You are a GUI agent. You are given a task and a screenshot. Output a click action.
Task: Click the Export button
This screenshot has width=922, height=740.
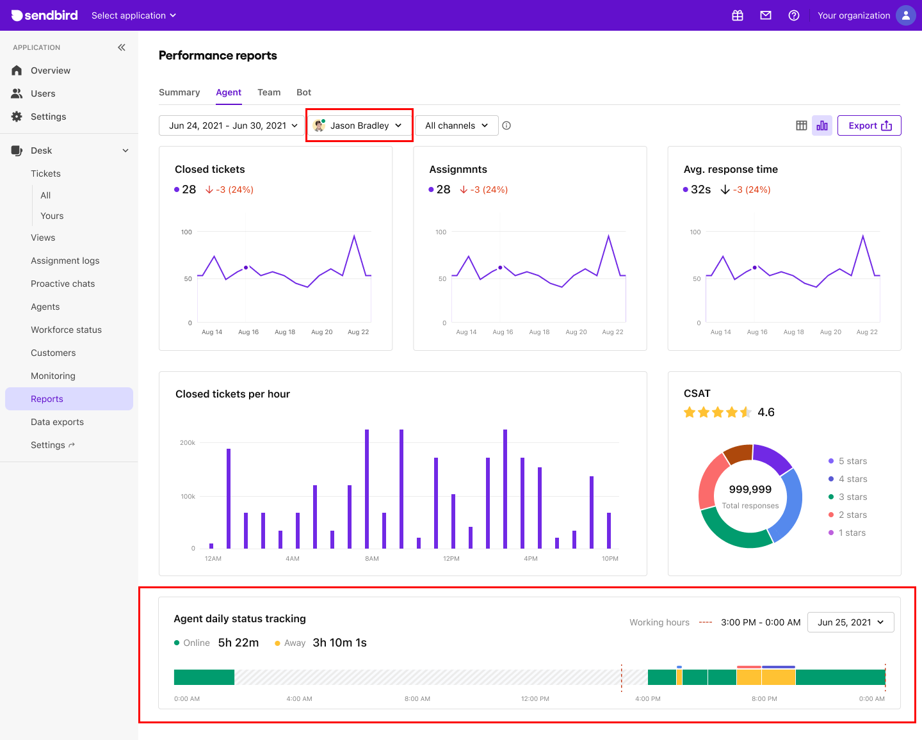click(x=869, y=125)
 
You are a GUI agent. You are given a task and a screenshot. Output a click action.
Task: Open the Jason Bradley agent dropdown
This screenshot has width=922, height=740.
click(x=359, y=125)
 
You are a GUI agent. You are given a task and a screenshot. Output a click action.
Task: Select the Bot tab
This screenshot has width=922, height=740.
click(x=303, y=92)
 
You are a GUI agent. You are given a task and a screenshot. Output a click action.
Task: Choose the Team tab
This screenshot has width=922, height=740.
click(x=269, y=92)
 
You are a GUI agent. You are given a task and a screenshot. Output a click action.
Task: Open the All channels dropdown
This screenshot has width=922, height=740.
click(x=457, y=125)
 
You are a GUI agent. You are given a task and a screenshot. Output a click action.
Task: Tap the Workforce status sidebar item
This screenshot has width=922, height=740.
click(x=66, y=330)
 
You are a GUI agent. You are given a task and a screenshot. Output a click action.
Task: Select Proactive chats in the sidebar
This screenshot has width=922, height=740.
click(x=63, y=284)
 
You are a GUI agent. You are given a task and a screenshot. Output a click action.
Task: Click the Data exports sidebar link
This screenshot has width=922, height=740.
click(x=57, y=422)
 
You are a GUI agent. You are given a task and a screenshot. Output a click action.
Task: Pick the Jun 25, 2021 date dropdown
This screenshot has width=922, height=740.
click(x=850, y=622)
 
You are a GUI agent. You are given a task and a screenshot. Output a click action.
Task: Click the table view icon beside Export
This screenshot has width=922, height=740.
click(x=801, y=125)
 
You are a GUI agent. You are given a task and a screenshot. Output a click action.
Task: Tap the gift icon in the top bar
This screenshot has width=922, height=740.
click(x=738, y=15)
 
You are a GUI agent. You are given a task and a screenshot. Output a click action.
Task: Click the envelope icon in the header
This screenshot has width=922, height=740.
click(x=766, y=15)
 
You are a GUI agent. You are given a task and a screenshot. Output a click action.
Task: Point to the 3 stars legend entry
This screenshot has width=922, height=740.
click(x=852, y=497)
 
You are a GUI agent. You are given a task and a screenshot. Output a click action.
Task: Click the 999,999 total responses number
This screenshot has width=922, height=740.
click(x=750, y=490)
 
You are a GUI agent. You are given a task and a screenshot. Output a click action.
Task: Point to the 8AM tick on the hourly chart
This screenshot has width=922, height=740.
click(x=372, y=559)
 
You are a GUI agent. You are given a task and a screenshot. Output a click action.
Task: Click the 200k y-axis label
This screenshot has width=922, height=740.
click(x=188, y=443)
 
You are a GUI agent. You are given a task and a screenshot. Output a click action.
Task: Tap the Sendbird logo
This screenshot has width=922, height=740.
click(x=45, y=15)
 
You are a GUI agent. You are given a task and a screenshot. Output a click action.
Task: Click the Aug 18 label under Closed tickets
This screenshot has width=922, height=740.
click(x=285, y=332)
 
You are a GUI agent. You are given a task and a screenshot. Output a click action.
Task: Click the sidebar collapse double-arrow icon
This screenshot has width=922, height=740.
click(x=122, y=47)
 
